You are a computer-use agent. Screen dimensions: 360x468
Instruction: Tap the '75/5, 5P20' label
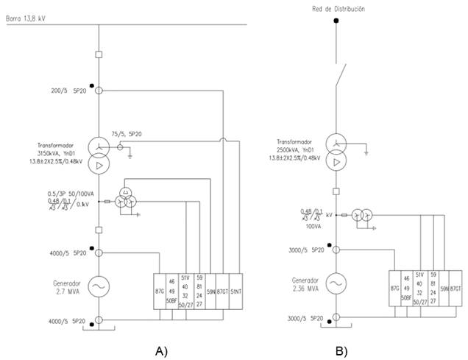tap(127, 133)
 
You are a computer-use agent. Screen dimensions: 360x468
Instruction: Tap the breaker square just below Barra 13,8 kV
tap(99, 54)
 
